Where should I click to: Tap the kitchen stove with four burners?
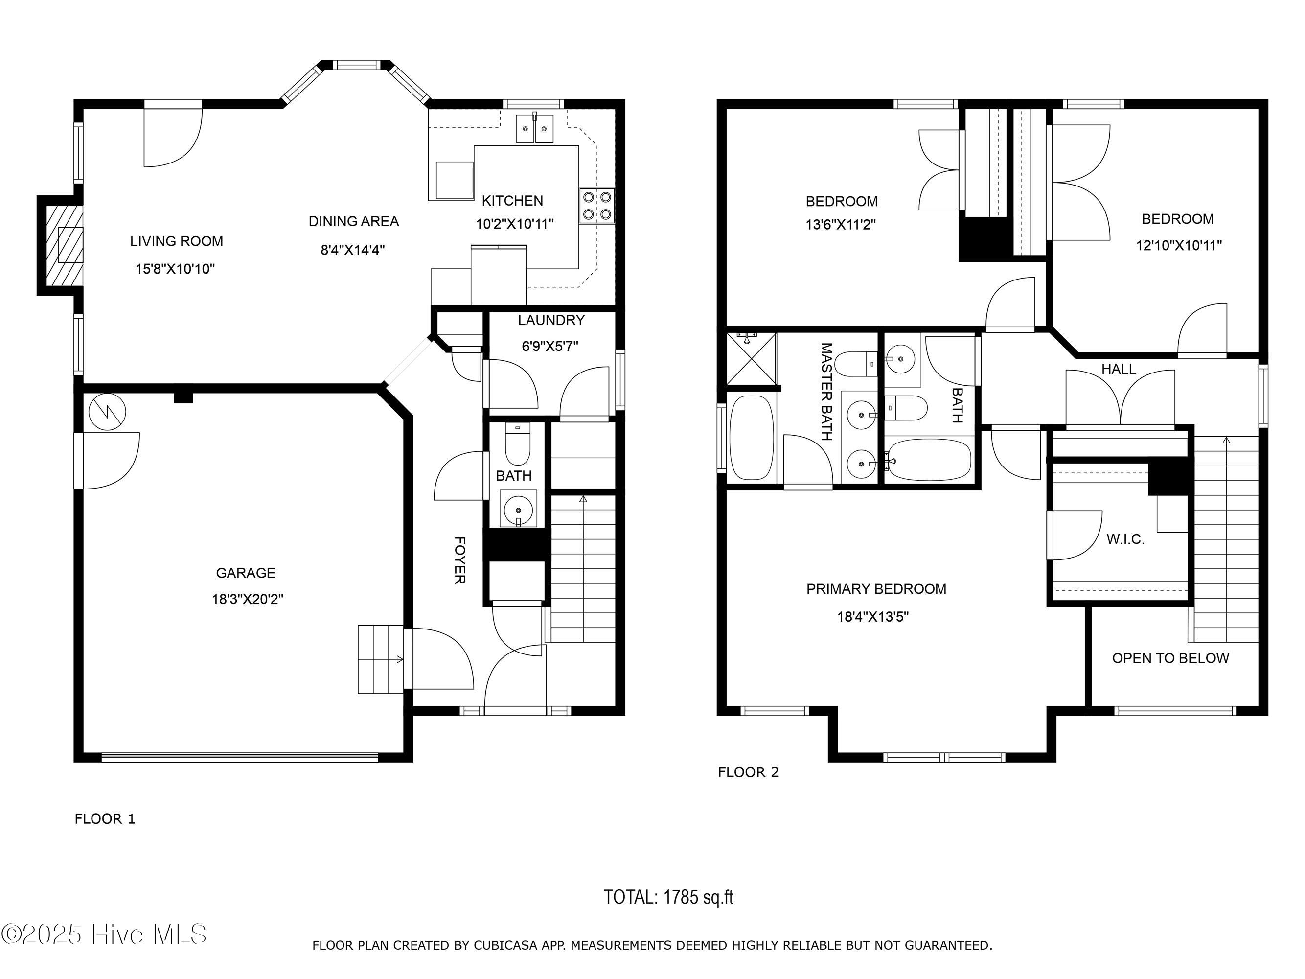click(x=597, y=206)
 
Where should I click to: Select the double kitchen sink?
click(x=535, y=128)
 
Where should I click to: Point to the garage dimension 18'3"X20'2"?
click(x=248, y=599)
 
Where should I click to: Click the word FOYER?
click(x=460, y=560)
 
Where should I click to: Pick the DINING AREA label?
click(x=353, y=221)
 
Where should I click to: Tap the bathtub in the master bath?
click(x=752, y=437)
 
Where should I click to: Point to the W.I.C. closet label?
click(x=1125, y=539)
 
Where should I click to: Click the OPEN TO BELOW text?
click(x=1170, y=658)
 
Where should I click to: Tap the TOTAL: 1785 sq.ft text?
click(x=668, y=898)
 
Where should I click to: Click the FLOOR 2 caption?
click(x=748, y=772)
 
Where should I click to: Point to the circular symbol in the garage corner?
click(x=107, y=411)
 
